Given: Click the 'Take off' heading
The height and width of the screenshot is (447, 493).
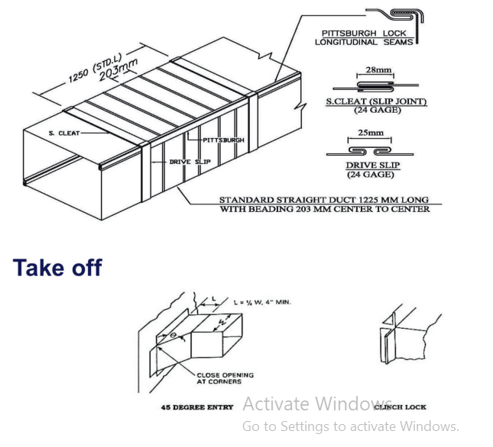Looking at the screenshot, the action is [x=57, y=268].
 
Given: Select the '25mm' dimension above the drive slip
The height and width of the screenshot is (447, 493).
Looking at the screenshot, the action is [x=371, y=133].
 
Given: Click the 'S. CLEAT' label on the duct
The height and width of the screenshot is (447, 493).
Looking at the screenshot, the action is [x=64, y=133].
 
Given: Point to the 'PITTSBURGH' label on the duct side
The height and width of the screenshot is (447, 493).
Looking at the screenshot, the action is [x=223, y=140].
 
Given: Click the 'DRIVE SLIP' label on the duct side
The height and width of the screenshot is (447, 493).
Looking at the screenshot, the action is [x=190, y=162].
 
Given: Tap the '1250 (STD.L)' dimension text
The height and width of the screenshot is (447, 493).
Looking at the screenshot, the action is [x=96, y=69].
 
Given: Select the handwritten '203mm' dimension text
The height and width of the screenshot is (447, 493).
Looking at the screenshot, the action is [x=118, y=69].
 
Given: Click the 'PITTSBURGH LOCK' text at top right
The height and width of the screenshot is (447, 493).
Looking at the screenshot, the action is [x=364, y=33].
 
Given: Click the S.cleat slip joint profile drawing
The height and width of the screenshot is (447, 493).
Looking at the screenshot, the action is [x=376, y=86].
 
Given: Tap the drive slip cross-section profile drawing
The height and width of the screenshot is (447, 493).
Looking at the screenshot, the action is [x=370, y=152].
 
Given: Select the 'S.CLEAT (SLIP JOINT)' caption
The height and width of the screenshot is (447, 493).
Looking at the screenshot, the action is [x=376, y=101].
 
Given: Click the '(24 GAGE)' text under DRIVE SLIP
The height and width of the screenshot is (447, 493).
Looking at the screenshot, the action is [x=371, y=175].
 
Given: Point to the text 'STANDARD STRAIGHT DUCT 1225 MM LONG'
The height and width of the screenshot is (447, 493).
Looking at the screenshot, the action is [x=324, y=200].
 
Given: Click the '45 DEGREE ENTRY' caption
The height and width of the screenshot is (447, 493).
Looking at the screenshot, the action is [x=197, y=407].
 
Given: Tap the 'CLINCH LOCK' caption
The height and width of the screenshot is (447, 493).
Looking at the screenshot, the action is [x=400, y=407].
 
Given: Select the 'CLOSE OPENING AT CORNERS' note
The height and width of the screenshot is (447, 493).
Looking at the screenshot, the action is [x=225, y=378].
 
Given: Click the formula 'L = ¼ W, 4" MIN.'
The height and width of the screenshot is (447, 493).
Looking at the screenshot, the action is [x=262, y=302].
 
